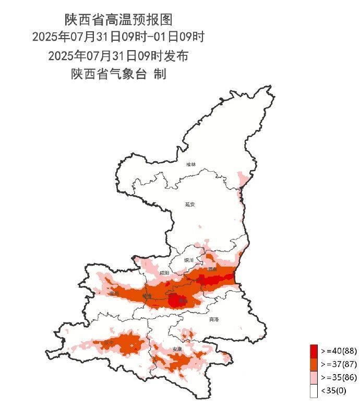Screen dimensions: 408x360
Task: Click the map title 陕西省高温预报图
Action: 118,20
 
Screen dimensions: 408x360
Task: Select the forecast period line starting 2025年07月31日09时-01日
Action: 118,38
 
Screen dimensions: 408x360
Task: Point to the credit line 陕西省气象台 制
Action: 118,74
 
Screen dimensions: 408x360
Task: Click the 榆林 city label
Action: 191,164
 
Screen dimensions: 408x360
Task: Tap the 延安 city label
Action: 189,205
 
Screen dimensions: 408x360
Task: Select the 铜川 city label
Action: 189,260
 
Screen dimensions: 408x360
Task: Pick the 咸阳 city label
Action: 165,272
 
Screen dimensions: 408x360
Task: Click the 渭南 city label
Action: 212,269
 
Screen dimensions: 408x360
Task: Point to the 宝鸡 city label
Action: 114,294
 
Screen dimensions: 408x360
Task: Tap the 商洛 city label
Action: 213,319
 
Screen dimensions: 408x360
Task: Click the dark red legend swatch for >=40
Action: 314,350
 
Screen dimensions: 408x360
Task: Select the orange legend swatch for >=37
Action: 314,364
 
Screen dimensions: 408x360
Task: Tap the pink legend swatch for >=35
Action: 314,377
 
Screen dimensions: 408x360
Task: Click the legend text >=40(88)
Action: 335,350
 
